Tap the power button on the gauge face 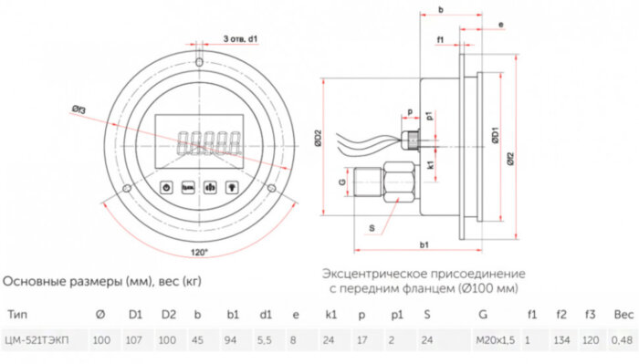tap(167, 186)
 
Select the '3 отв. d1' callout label tap(241, 39)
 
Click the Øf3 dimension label tap(79, 110)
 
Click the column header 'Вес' tap(623, 315)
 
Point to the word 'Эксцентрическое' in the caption tap(370, 274)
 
